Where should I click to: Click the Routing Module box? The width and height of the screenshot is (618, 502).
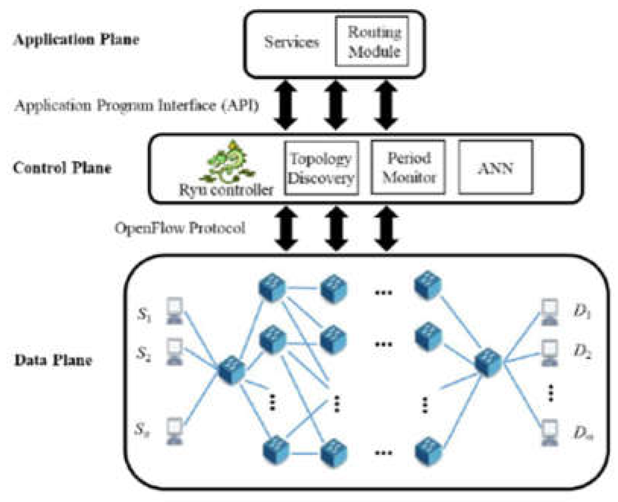pos(372,41)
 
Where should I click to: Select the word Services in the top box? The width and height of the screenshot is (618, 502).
pos(292,42)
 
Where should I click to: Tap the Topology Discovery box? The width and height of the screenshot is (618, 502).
pos(321,168)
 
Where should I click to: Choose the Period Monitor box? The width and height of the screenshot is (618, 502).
pos(408,168)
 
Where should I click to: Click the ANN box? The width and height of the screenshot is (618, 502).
pos(495,168)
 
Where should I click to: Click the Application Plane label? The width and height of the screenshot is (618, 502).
pos(76,40)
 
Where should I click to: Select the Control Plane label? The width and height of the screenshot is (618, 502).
pos(62,168)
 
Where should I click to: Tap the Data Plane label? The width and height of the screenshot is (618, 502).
pos(53,360)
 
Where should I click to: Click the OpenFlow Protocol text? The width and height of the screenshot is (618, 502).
pos(180,228)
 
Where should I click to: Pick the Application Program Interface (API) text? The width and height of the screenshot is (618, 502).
pos(136,105)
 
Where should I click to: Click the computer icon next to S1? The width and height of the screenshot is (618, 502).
pos(175,311)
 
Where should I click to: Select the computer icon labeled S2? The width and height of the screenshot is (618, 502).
pos(175,352)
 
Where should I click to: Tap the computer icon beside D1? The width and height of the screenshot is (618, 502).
pos(549,312)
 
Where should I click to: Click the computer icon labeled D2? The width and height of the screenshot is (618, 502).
pos(549,353)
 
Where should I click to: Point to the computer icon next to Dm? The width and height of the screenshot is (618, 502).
pos(549,432)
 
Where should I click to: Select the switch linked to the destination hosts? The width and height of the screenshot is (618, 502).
pos(488,362)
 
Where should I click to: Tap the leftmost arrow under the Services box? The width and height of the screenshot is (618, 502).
pos(286,105)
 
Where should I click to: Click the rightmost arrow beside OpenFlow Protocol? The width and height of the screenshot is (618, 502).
pos(386,228)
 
